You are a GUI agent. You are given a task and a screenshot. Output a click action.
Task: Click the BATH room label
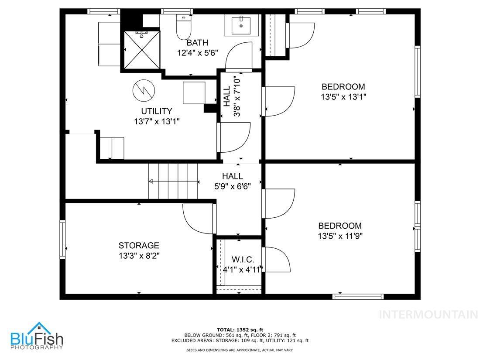[x=197, y=43]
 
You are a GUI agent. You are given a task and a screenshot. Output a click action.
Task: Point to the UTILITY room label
[x=156, y=111]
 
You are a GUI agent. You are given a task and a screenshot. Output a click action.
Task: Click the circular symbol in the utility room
[x=143, y=89]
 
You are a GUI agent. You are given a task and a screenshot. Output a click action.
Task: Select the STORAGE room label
[x=139, y=246]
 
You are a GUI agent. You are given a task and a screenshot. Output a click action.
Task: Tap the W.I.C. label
[x=240, y=260]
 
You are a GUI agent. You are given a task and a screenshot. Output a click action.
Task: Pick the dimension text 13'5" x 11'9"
[x=340, y=236]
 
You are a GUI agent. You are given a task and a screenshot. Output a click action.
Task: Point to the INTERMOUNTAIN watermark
[x=428, y=314]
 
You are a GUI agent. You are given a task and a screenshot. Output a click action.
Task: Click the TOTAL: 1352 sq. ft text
[x=240, y=329]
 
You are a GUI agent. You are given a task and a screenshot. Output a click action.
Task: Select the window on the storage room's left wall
[x=62, y=239]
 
